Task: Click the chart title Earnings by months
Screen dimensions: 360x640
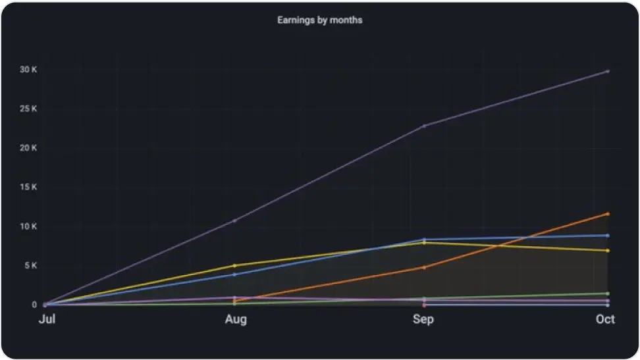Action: tap(319, 20)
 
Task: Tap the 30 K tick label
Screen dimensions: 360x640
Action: tap(28, 70)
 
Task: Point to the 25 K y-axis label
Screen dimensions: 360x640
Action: tap(28, 109)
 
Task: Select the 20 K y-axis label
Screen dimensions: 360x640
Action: tap(28, 148)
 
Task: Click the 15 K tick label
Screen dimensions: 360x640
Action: tap(28, 188)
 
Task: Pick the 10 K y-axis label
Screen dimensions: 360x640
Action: tap(28, 226)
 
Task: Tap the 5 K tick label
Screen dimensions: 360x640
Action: tap(30, 266)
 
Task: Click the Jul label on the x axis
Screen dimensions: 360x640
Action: tap(46, 319)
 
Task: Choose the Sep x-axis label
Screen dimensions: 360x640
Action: tap(423, 319)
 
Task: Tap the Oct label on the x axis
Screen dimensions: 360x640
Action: tap(605, 319)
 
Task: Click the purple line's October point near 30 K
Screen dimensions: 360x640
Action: tap(607, 71)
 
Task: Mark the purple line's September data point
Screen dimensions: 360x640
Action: tap(424, 126)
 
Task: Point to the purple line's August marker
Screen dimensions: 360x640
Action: tap(235, 220)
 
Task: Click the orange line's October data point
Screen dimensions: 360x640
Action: tap(607, 214)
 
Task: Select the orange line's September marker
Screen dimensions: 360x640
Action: tap(424, 267)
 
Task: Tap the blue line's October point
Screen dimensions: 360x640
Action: tap(607, 235)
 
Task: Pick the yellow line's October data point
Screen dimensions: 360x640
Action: tap(607, 251)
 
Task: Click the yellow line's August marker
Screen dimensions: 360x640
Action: tap(235, 266)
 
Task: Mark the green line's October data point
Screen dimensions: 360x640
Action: tap(607, 294)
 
